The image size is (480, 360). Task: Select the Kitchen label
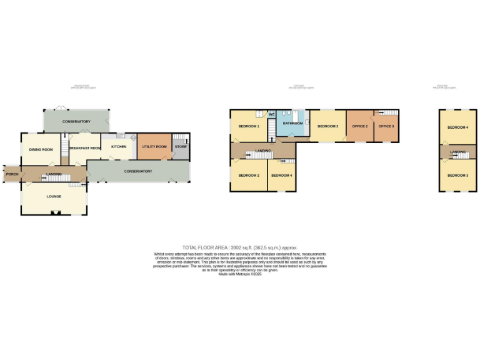[x=119, y=147]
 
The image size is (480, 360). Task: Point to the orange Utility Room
[x=154, y=146]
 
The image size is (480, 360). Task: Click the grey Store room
[x=180, y=147]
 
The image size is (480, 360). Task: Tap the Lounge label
[x=54, y=196]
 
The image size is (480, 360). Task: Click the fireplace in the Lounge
[x=54, y=213]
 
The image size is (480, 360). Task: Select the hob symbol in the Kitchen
[x=132, y=137]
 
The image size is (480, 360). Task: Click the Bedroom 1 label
[x=249, y=126]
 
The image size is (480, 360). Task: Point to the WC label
[x=272, y=114]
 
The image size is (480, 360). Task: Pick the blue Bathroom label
[x=292, y=124]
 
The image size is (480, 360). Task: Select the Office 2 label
[x=359, y=126]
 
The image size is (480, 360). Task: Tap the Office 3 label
[x=386, y=126]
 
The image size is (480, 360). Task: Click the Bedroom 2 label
[x=249, y=175]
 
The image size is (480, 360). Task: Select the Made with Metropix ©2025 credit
[x=240, y=273]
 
